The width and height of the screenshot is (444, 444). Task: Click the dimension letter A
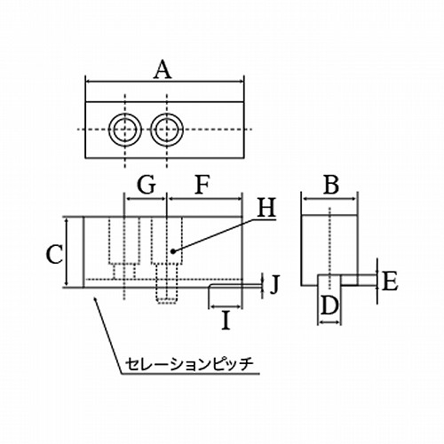(163, 70)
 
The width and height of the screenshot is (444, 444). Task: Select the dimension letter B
(331, 186)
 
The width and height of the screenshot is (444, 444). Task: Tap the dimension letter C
(54, 255)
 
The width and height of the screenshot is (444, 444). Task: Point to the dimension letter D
(329, 305)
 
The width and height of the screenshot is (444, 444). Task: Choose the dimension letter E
(390, 281)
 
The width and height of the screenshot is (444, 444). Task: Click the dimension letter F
(202, 186)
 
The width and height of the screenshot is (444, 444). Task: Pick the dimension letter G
(147, 186)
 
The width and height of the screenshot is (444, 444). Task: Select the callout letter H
(266, 208)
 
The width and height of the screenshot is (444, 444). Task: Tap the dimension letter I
(226, 321)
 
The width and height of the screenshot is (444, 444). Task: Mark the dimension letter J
(274, 284)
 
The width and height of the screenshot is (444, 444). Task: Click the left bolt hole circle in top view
(125, 130)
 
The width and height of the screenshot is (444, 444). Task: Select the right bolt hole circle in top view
(167, 130)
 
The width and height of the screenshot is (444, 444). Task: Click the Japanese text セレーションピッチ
(189, 365)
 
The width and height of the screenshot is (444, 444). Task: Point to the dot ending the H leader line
(173, 251)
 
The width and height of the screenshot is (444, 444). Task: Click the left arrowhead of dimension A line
(89, 81)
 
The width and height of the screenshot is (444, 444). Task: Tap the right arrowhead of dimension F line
(239, 199)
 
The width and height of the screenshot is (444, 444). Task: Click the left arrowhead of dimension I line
(212, 306)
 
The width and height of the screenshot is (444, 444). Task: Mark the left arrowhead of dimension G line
(129, 199)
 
